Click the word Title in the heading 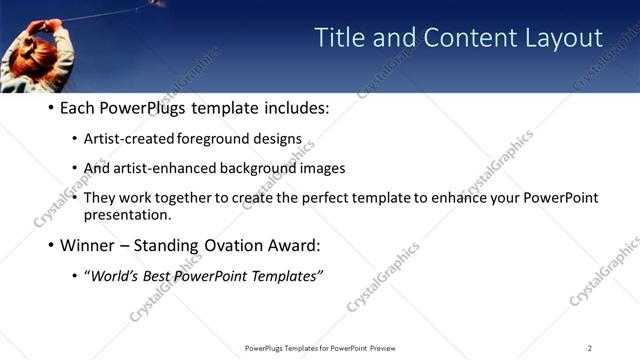338,38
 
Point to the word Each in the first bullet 78,108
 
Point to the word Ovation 232,245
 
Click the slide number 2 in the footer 589,348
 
